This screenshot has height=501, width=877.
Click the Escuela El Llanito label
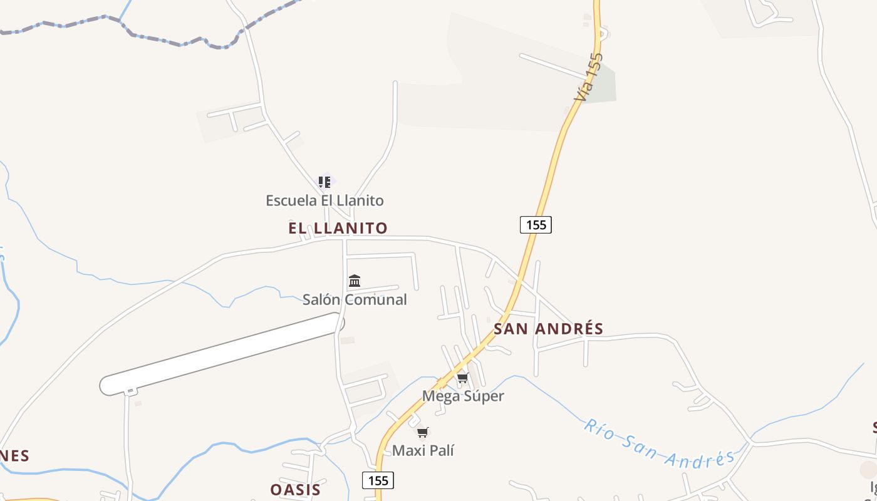324,200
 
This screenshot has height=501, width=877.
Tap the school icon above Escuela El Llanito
324,182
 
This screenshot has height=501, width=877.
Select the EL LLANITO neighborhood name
338,228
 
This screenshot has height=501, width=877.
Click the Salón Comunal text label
355,299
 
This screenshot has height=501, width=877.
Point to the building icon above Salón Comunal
355,281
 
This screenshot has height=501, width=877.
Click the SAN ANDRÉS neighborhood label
549,329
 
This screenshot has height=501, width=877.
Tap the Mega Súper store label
463,396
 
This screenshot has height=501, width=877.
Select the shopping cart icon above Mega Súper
463,378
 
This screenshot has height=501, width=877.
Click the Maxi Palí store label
423,450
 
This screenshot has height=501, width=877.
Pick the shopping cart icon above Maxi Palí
423,432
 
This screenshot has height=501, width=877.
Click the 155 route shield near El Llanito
536,224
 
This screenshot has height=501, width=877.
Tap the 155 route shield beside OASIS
378,480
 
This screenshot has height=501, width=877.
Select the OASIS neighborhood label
296,490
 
